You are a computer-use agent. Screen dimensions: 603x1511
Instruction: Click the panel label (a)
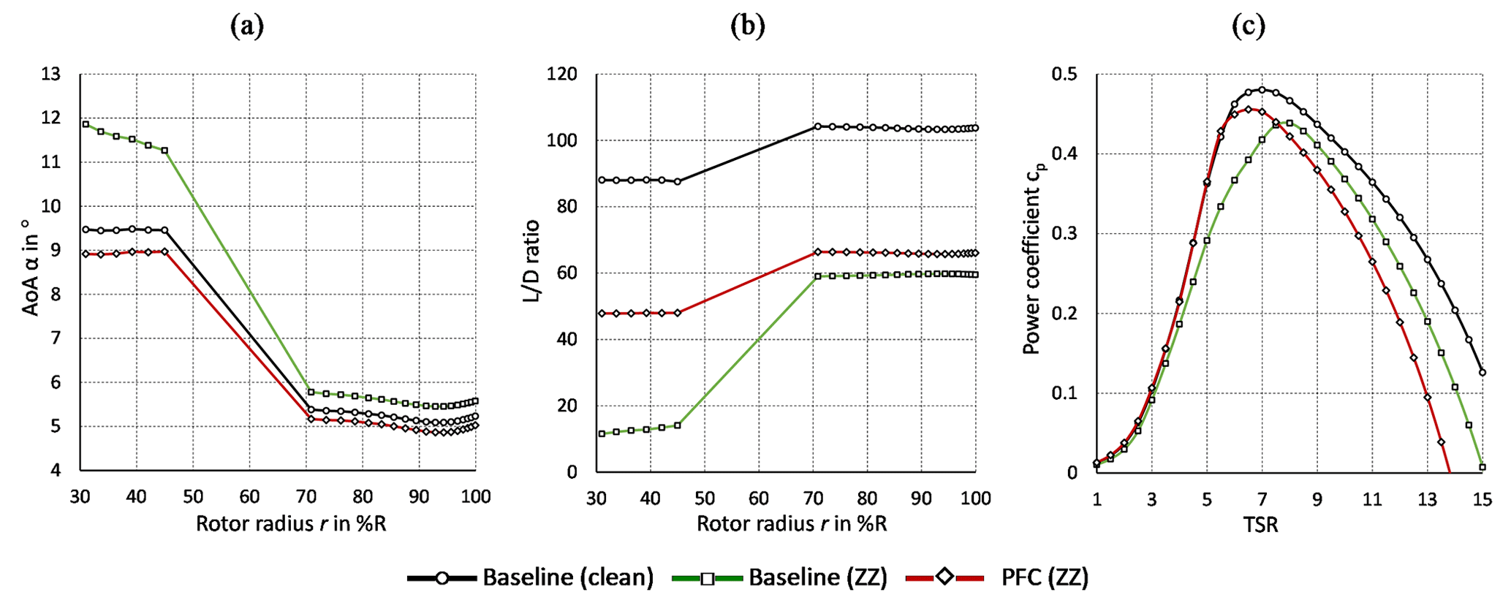coord(246,26)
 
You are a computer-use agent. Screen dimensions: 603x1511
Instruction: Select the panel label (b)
coord(747,26)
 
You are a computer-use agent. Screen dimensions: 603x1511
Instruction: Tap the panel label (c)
coord(1248,26)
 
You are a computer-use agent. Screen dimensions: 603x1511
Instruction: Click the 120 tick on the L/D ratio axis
coord(561,75)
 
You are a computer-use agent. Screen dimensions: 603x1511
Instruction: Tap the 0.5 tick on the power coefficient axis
coord(1064,75)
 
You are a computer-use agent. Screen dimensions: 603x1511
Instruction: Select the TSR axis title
coord(1261,525)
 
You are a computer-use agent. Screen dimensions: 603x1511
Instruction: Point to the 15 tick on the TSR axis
coord(1482,500)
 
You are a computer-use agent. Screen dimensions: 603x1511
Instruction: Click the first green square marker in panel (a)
coord(86,124)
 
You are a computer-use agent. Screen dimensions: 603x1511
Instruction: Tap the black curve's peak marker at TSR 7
coord(1262,90)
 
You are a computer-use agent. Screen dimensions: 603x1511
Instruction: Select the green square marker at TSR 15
coord(1482,466)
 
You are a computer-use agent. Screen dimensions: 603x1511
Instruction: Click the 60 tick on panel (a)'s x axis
coord(249,498)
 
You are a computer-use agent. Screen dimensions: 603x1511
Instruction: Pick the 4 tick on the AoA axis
coord(56,471)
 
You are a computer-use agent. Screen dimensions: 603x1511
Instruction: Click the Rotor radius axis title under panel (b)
coord(792,524)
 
